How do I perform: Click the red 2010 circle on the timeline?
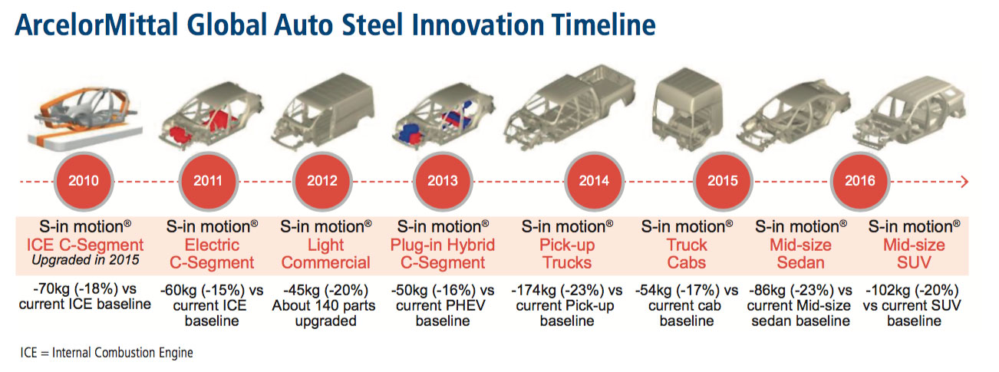click(84, 181)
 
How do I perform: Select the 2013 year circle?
click(443, 181)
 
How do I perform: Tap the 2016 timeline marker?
click(860, 181)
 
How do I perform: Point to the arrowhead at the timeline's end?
click(964, 182)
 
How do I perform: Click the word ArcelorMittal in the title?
click(97, 25)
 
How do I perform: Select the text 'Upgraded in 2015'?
click(85, 259)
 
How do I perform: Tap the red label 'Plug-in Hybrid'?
click(443, 245)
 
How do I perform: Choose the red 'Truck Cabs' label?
click(687, 254)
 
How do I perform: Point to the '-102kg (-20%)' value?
click(912, 291)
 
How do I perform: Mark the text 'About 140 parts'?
click(324, 306)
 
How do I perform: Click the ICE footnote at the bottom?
click(107, 352)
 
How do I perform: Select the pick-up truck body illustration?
click(570, 106)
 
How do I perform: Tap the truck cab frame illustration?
click(687, 108)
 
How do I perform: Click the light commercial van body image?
click(323, 110)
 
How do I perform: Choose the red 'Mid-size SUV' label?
click(914, 254)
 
